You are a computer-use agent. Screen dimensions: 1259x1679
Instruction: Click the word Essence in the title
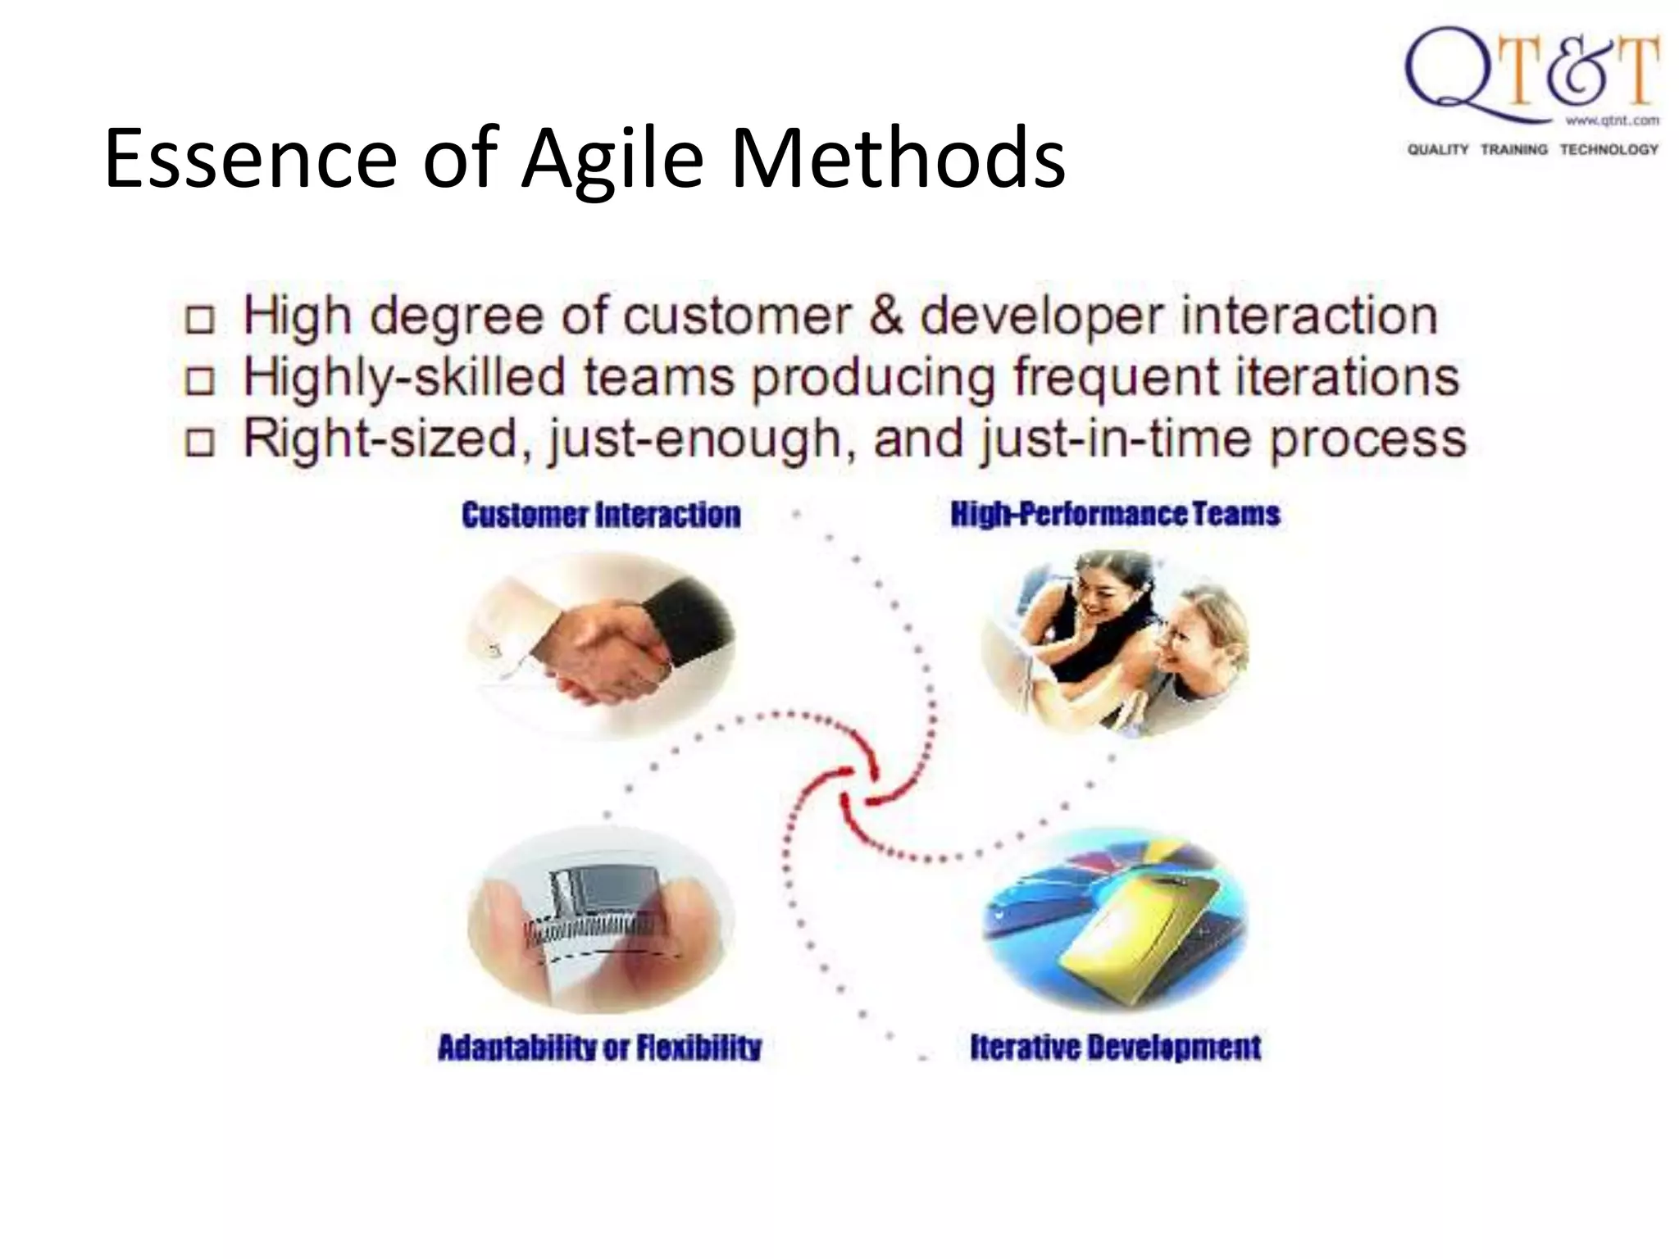250,158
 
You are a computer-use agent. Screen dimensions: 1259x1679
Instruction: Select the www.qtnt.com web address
1612,120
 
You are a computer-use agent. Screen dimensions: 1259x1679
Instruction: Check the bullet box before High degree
200,320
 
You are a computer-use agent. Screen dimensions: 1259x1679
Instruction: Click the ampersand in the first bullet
885,316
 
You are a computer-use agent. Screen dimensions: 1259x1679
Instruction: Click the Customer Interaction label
601,515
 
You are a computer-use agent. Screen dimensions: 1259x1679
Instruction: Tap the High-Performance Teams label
1115,514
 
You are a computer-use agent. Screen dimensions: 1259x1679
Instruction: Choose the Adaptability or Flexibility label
599,1048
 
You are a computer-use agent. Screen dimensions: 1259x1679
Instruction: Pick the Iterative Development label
1115,1047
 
